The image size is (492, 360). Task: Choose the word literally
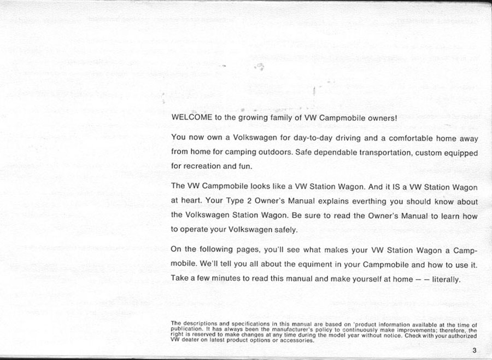446,278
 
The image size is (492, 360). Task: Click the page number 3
476,351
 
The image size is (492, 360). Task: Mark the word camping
235,153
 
